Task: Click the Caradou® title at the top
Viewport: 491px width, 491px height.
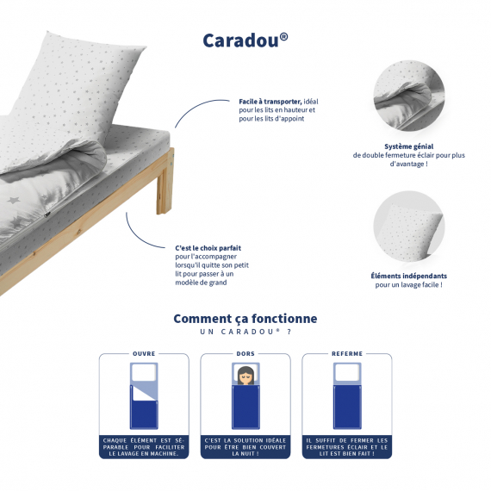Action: pyautogui.click(x=245, y=40)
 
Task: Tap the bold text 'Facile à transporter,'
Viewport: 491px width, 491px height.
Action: pyautogui.click(x=270, y=102)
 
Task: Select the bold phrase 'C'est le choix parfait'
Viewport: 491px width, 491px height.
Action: pyautogui.click(x=208, y=248)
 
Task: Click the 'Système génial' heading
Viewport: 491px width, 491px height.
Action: pyautogui.click(x=408, y=146)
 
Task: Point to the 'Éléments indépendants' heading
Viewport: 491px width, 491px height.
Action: pyautogui.click(x=408, y=276)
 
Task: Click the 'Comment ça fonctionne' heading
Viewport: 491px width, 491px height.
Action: pyautogui.click(x=245, y=319)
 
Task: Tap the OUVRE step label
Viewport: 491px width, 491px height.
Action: pyautogui.click(x=144, y=353)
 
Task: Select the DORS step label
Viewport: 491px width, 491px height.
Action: pyautogui.click(x=245, y=353)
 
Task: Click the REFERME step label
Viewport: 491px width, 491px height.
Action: pyautogui.click(x=347, y=353)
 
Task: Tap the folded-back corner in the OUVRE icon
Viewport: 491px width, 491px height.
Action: pyautogui.click(x=143, y=392)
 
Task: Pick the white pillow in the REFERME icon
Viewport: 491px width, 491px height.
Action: pyautogui.click(x=347, y=373)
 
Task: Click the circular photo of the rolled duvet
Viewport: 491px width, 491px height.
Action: pyautogui.click(x=408, y=96)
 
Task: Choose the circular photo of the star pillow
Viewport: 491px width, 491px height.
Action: pyautogui.click(x=408, y=227)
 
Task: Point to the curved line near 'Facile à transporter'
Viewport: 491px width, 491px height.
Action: pyautogui.click(x=196, y=107)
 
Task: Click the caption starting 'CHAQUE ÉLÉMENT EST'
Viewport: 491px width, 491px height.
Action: pyautogui.click(x=144, y=447)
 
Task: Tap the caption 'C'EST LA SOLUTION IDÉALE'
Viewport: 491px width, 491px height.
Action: pyautogui.click(x=245, y=447)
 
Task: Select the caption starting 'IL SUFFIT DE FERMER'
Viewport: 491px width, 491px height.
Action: pyautogui.click(x=347, y=447)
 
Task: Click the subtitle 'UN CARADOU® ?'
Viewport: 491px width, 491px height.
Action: pyautogui.click(x=245, y=332)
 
